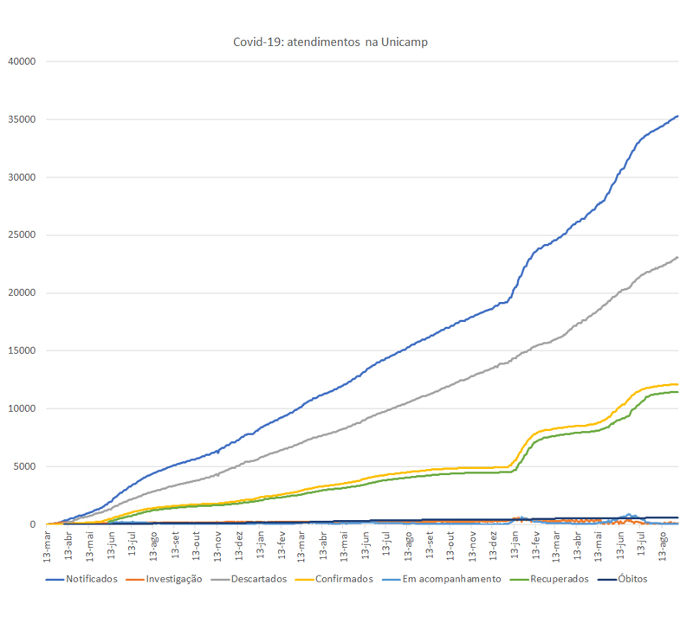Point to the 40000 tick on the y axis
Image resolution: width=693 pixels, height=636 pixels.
coord(20,61)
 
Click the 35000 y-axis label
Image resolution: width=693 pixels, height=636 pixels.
coord(20,119)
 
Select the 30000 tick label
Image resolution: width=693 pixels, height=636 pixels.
coord(20,177)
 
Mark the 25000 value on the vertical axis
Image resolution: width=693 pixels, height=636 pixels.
coord(20,235)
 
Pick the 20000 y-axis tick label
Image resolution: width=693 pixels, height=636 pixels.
coord(20,293)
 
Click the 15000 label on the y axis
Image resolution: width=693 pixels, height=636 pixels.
coord(20,351)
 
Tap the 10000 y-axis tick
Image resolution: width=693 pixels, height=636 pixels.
coord(20,409)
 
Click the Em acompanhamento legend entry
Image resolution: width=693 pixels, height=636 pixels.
coord(451,603)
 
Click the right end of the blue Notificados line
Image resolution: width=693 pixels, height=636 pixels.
coord(677,116)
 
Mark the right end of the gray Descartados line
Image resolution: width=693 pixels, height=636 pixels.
coord(677,257)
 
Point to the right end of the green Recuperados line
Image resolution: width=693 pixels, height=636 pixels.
coord(677,392)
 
